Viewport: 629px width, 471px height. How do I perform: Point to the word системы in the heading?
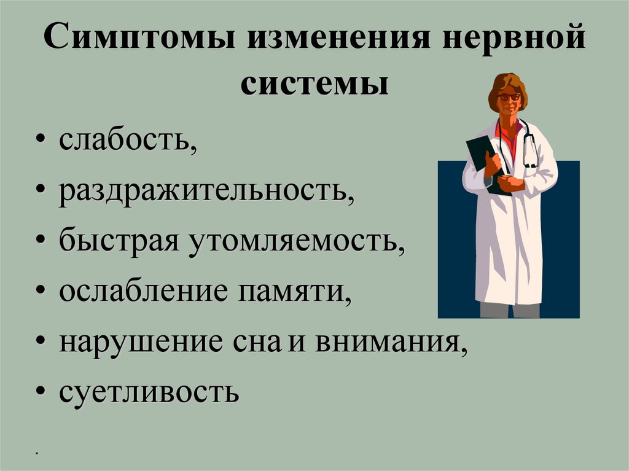314,85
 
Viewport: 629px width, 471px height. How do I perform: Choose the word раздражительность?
206,191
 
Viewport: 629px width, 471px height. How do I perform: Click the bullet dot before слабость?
40,141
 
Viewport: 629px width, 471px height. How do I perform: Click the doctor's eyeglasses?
509,97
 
